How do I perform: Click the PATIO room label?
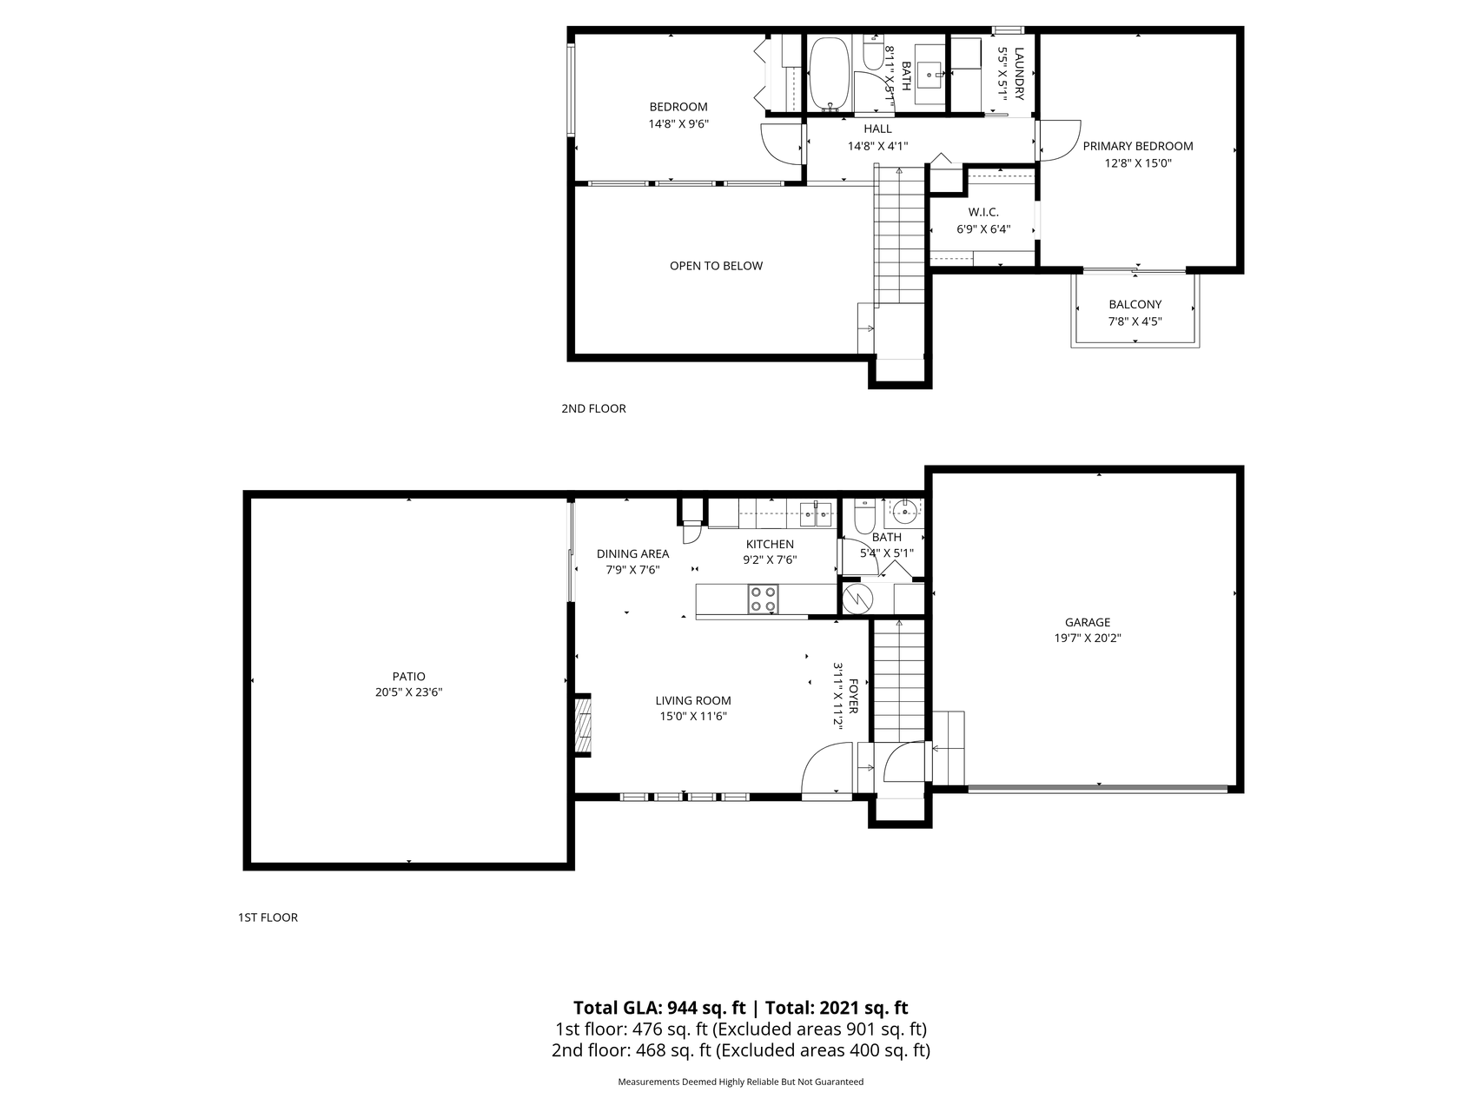pos(408,677)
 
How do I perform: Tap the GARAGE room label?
pos(1088,622)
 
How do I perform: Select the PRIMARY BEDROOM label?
pos(1138,146)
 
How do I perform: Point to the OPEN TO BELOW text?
pos(716,266)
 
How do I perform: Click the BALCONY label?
pos(1135,305)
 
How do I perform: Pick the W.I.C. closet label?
pos(983,213)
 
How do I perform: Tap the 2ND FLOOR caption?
pos(593,408)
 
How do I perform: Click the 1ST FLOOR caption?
pos(268,917)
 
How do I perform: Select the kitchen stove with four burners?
pos(764,599)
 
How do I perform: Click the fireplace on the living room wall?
pos(582,725)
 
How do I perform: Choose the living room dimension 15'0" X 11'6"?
pos(692,717)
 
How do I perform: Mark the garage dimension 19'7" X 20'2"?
pos(1088,638)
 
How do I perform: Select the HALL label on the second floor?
pos(877,129)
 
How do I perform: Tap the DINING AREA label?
pos(632,554)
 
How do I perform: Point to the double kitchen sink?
pos(815,513)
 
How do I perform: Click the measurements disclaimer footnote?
pos(740,1082)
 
